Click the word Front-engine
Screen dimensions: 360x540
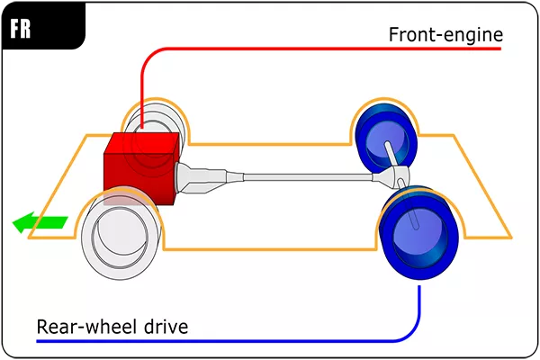pos(445,35)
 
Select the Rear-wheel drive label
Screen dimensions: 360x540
pos(112,325)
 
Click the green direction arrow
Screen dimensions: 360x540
pos(41,221)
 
